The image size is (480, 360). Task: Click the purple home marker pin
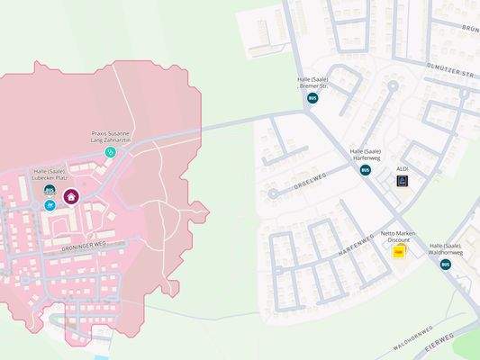[x=71, y=197]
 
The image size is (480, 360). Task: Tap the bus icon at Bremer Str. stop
[x=312, y=98]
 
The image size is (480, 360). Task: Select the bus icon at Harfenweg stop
[x=366, y=170]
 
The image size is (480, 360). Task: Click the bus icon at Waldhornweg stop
[x=445, y=264]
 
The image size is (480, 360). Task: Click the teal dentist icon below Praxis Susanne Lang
[x=111, y=152]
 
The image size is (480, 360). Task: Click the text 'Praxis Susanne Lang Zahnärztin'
[x=112, y=136]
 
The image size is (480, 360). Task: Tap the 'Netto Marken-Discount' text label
[x=401, y=237]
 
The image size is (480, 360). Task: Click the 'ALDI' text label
[x=403, y=168]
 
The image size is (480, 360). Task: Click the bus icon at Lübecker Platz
[x=50, y=190]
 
